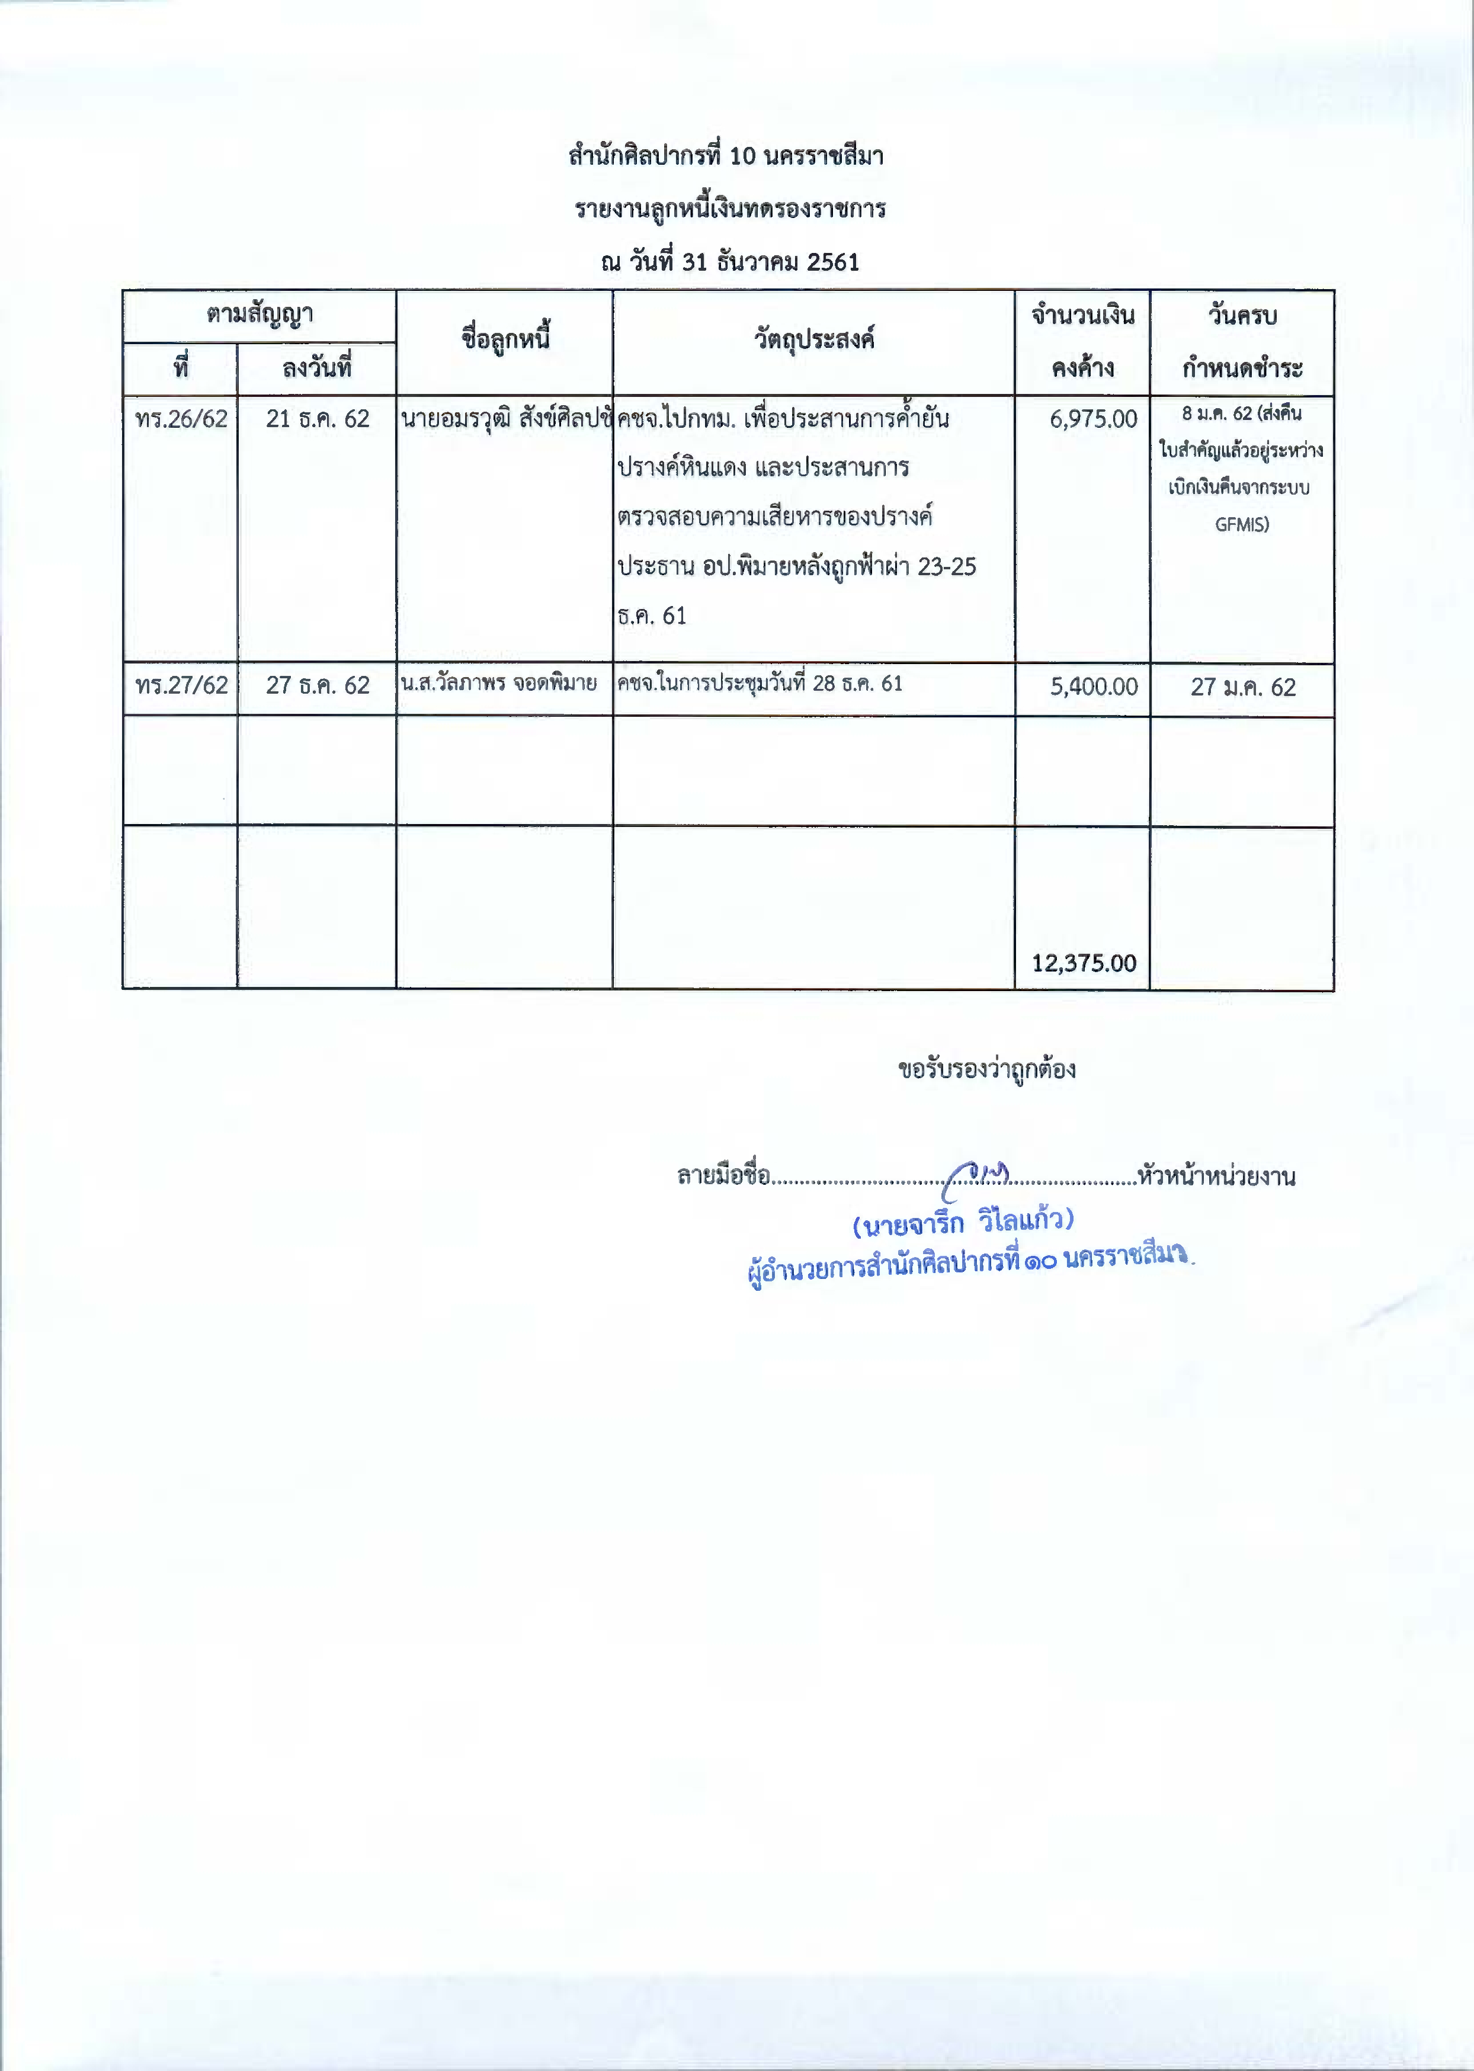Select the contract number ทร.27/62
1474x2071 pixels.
tap(181, 685)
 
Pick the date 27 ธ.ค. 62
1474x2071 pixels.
tap(318, 685)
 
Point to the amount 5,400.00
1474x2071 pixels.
tap(1093, 686)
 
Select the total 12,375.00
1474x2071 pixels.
tap(1084, 963)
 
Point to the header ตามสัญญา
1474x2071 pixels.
tap(259, 315)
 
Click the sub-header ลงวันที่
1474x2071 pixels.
tap(317, 368)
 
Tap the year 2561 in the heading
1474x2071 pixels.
tap(832, 262)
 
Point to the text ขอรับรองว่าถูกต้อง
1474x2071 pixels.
tap(986, 1069)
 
